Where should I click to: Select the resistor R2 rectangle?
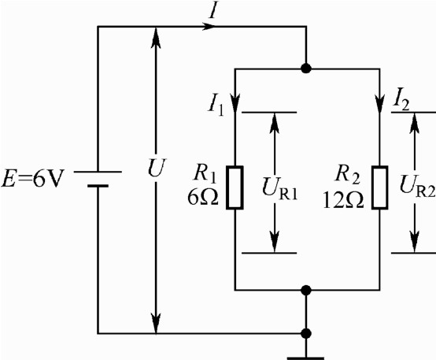pyautogui.click(x=380, y=187)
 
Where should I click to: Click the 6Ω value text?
pyautogui.click(x=203, y=199)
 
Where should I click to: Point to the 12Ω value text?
pyautogui.click(x=343, y=200)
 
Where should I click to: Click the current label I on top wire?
pyautogui.click(x=212, y=11)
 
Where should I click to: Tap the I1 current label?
pyautogui.click(x=216, y=106)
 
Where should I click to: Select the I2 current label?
pyautogui.click(x=401, y=100)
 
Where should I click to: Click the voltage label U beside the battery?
pyautogui.click(x=156, y=168)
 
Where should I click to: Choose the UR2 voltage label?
pyautogui.click(x=417, y=186)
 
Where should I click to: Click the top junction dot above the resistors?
pyautogui.click(x=306, y=69)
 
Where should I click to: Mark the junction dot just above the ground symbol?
pyautogui.click(x=306, y=333)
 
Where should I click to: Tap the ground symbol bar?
pyautogui.click(x=305, y=358)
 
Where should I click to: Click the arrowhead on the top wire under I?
pyautogui.click(x=209, y=27)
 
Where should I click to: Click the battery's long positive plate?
pyautogui.click(x=98, y=172)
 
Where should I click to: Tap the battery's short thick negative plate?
pyautogui.click(x=98, y=186)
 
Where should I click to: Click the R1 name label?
pyautogui.click(x=205, y=174)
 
